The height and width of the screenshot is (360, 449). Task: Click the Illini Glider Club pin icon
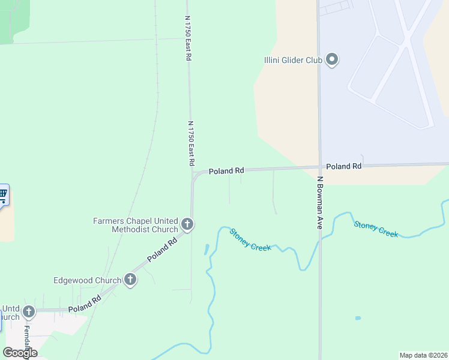point(332,59)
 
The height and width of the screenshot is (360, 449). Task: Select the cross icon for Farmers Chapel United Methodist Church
point(187,225)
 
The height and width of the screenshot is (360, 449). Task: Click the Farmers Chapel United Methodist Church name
point(136,225)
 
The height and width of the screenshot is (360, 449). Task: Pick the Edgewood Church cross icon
point(130,280)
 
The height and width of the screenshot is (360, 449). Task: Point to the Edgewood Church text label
point(87,280)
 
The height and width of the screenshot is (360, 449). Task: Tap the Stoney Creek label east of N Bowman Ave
point(376,229)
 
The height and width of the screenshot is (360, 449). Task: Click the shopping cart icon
point(3,194)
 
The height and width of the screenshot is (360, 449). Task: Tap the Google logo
point(20,352)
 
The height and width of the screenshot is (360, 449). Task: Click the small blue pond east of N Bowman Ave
point(358,318)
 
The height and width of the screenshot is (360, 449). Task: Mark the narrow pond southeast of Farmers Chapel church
point(206,249)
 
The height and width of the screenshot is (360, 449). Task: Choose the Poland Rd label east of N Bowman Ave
point(344,166)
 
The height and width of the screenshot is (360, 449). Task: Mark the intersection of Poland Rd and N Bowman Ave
point(319,167)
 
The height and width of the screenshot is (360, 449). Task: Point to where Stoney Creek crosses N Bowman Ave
point(319,238)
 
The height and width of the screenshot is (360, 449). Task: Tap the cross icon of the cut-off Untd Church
point(28,312)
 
